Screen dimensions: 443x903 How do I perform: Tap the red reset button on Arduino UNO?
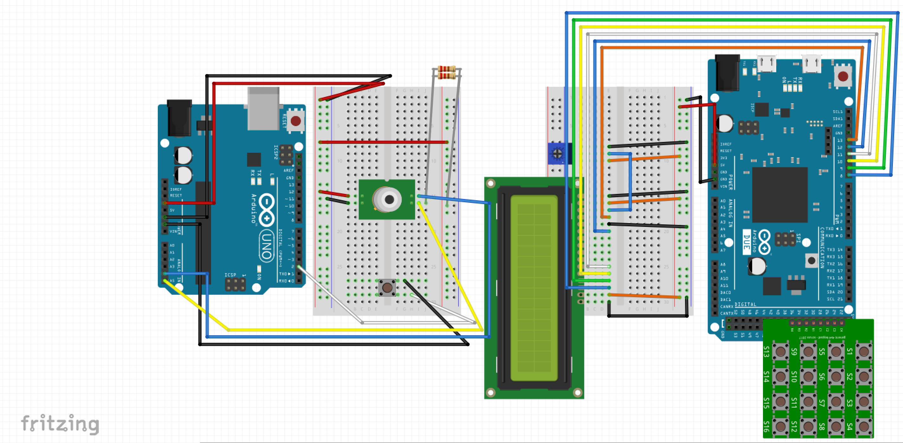click(296, 121)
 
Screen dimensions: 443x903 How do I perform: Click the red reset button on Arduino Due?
click(843, 76)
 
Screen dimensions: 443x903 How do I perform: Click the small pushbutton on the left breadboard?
click(387, 287)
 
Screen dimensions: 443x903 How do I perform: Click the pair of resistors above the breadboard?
click(447, 72)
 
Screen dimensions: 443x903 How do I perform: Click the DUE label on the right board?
click(746, 242)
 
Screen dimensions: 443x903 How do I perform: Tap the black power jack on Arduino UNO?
click(179, 118)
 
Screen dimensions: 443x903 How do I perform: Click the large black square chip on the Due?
click(780, 195)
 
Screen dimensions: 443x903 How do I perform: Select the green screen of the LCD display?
click(534, 288)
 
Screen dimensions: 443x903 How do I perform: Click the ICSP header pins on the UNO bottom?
click(235, 284)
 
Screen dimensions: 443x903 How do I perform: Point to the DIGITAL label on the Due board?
click(745, 304)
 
